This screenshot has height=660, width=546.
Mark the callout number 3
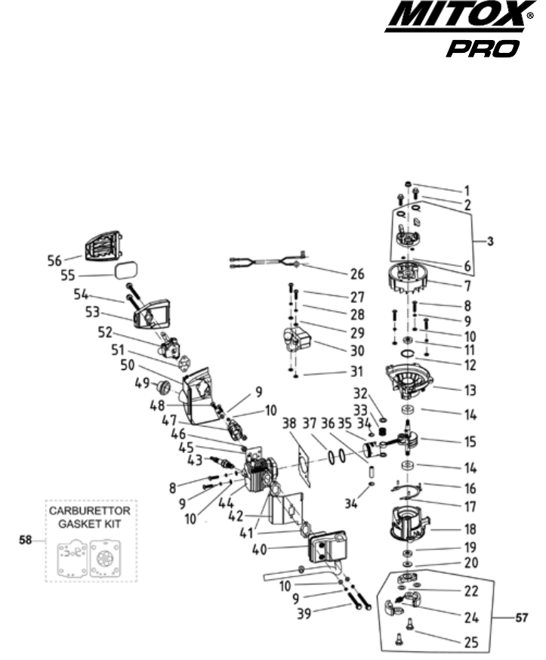490,242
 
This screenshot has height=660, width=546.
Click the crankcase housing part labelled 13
412,381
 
